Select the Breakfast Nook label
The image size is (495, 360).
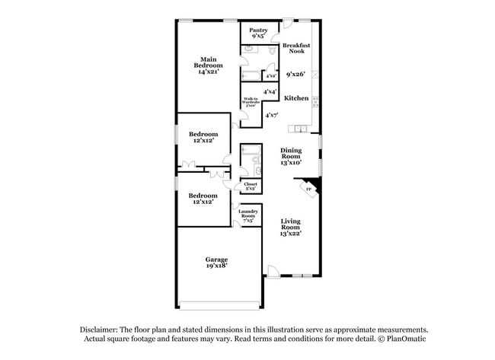pyautogui.click(x=295, y=49)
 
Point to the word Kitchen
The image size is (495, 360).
pyautogui.click(x=296, y=98)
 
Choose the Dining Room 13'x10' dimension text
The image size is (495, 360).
pyautogui.click(x=291, y=162)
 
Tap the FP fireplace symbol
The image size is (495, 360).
pyautogui.click(x=309, y=188)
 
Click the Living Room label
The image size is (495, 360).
pyautogui.click(x=290, y=224)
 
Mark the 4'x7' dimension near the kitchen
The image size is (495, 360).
pyautogui.click(x=272, y=115)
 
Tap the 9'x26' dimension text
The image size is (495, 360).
pyautogui.click(x=295, y=75)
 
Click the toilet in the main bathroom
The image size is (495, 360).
pyautogui.click(x=272, y=49)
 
